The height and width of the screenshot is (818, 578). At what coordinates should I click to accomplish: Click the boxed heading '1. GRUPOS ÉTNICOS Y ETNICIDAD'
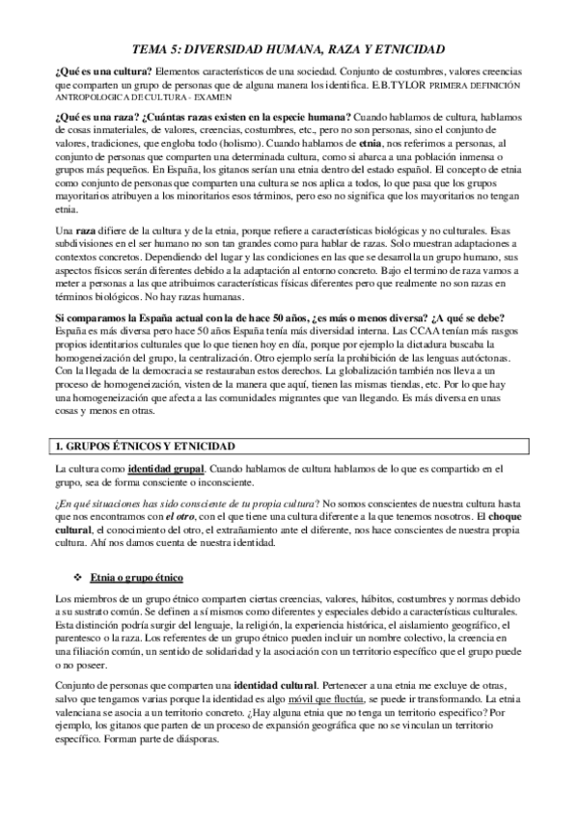152,446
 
